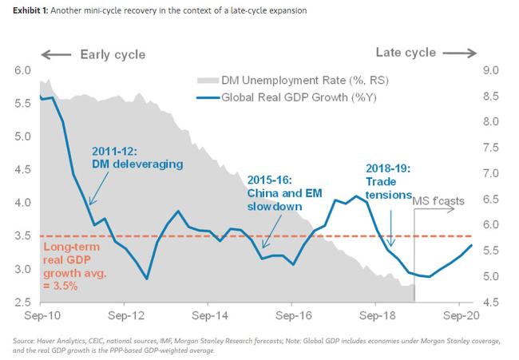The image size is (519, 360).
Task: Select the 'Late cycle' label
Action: (x=406, y=53)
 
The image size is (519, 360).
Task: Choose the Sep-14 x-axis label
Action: (x=207, y=315)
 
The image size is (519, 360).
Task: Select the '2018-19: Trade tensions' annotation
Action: (x=388, y=180)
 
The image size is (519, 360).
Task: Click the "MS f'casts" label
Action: (x=439, y=200)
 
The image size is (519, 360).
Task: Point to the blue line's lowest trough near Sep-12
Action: (x=147, y=279)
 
